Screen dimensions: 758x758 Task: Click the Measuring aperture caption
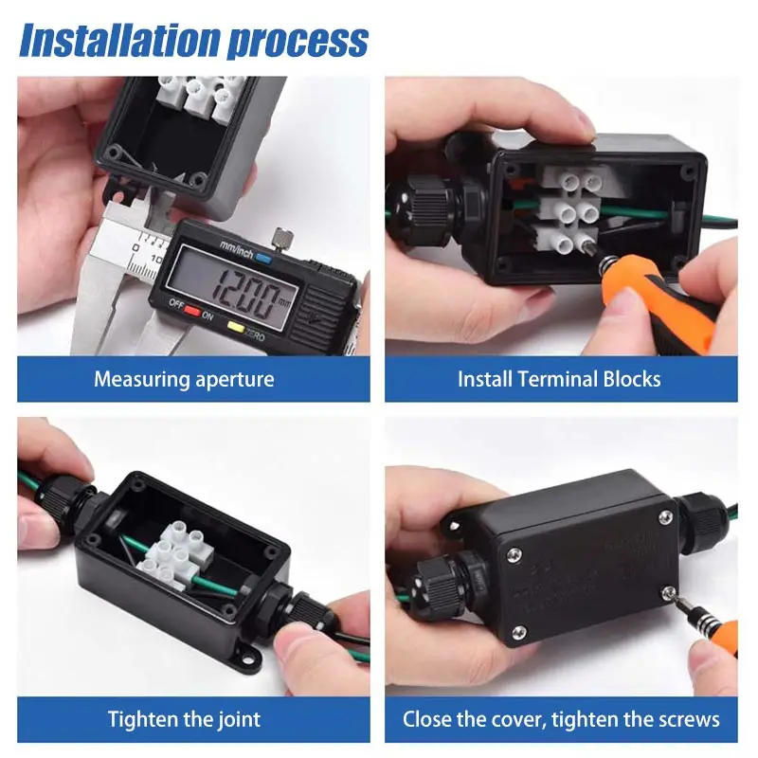click(184, 380)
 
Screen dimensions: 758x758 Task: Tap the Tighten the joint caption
click(184, 719)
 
